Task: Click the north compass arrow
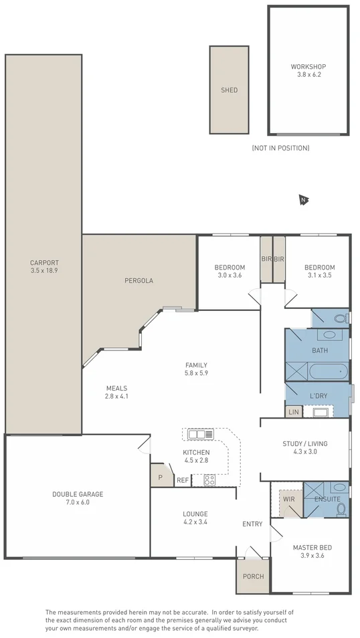click(x=304, y=200)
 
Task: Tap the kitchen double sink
click(x=200, y=434)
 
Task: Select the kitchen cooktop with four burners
click(x=209, y=480)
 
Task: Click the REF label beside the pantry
click(x=182, y=480)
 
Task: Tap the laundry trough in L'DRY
click(x=321, y=412)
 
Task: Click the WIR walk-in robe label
click(x=288, y=499)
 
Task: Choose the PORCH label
click(x=253, y=576)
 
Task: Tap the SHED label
click(x=229, y=90)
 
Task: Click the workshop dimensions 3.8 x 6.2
click(x=308, y=75)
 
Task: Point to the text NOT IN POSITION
click(x=280, y=148)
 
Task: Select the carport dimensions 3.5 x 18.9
click(x=44, y=271)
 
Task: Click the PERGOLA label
click(x=139, y=281)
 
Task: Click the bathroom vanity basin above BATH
click(x=329, y=335)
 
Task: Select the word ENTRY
click(x=252, y=524)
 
